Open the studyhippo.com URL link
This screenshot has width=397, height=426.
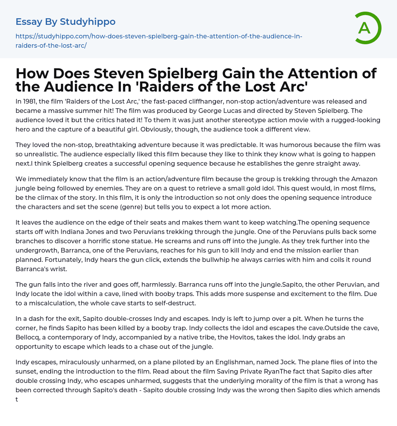(159, 41)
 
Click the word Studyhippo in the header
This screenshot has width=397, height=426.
(88, 22)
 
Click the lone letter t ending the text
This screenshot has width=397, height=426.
(17, 399)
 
